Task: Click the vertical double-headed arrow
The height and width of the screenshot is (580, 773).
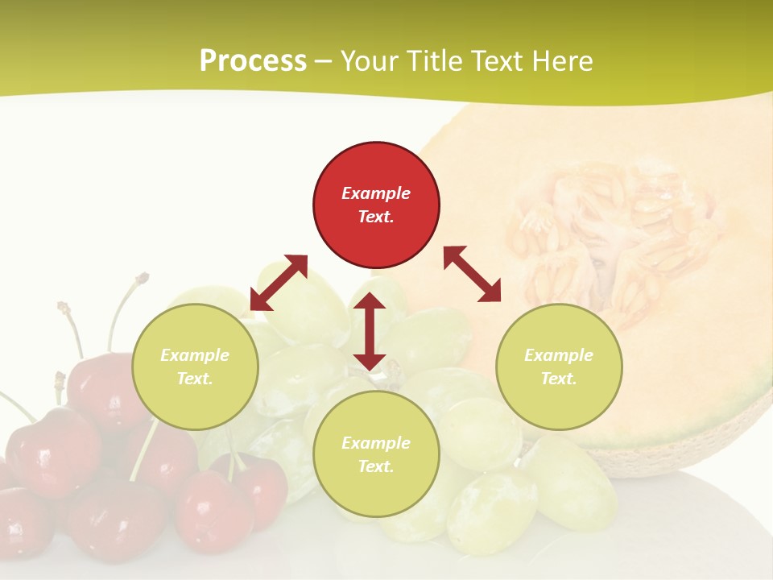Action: click(x=370, y=331)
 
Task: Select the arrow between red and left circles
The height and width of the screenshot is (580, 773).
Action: click(x=279, y=283)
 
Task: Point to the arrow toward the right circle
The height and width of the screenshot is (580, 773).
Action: click(x=473, y=274)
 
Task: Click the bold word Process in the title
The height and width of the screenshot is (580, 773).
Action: click(x=253, y=61)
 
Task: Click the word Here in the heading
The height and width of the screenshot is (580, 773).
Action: click(x=564, y=61)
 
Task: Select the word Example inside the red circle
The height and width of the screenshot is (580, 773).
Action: click(x=376, y=193)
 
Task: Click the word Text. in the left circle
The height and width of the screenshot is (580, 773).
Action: click(x=195, y=379)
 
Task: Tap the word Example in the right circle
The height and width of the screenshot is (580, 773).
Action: click(x=559, y=355)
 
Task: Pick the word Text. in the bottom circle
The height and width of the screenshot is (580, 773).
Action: click(x=376, y=466)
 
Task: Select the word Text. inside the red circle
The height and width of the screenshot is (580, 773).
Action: click(x=376, y=217)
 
